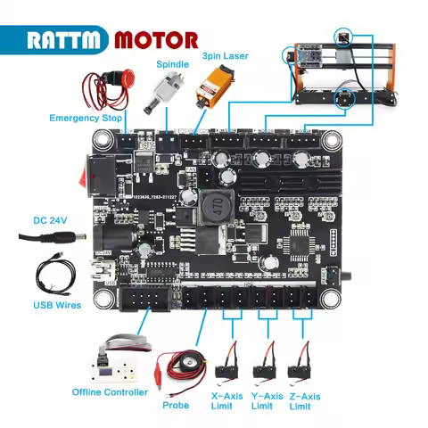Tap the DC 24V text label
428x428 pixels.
click(52, 219)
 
